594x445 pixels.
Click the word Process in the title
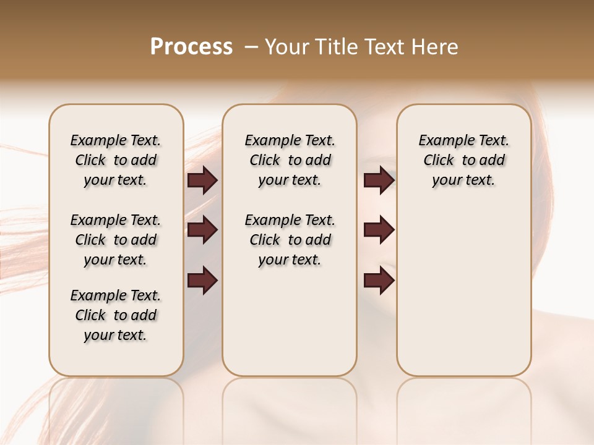coord(191,47)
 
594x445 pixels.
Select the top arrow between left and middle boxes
coord(202,180)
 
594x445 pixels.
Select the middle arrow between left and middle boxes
coord(202,230)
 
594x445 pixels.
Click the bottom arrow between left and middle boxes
coord(202,280)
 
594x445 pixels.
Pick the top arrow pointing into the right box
coord(379,180)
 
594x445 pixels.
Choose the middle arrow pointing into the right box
coord(379,230)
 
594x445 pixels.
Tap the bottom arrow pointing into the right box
coord(379,280)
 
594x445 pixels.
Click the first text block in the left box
coord(116,160)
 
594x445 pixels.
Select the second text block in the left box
coord(116,240)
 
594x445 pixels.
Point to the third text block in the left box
coord(116,315)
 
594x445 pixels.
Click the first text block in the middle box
coord(290,160)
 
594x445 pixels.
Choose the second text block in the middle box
coord(290,240)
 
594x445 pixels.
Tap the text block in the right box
coord(463,160)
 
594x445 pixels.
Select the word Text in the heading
coord(385,47)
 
